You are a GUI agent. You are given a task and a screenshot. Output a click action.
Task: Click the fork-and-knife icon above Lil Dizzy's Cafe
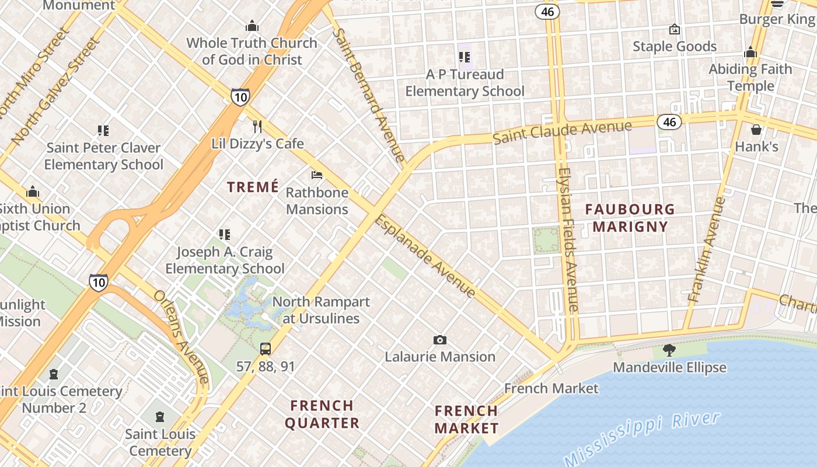click(257, 127)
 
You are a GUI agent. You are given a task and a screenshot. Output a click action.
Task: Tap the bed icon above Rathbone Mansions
click(317, 175)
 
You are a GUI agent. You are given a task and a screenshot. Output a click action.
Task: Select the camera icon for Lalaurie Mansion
click(440, 340)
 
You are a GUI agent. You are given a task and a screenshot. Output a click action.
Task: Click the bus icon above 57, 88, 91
click(266, 349)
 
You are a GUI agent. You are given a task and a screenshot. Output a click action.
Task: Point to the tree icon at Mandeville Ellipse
click(669, 350)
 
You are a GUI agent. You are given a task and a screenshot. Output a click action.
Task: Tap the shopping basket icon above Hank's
click(756, 130)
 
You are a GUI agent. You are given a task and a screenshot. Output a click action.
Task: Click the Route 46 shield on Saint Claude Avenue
click(669, 122)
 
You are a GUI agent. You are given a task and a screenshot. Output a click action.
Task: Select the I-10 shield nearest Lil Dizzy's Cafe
click(240, 97)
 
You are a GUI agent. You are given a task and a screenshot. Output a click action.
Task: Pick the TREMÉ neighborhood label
click(253, 187)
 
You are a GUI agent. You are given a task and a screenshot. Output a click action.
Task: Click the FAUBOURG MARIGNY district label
click(630, 218)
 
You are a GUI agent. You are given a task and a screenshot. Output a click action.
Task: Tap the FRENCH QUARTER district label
click(322, 414)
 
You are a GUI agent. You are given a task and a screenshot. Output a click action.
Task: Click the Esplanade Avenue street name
click(425, 257)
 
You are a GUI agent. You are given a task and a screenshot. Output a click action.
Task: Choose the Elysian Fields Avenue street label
click(568, 239)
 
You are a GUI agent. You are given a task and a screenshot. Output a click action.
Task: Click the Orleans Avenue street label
click(181, 337)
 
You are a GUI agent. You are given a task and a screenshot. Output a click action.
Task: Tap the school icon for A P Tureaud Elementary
click(465, 57)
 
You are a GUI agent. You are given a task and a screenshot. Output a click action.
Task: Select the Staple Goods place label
click(675, 47)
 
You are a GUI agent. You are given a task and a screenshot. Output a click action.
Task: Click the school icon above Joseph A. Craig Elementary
click(225, 235)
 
